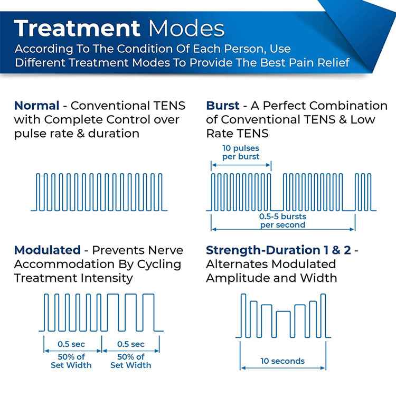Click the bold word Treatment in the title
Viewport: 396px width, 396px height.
[x=77, y=28]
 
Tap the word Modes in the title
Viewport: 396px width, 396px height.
[x=186, y=28]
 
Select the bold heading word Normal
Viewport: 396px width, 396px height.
[x=36, y=106]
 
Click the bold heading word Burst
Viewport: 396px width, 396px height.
[x=222, y=106]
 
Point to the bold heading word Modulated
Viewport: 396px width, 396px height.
[x=48, y=250]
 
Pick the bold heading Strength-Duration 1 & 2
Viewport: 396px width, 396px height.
[x=278, y=250]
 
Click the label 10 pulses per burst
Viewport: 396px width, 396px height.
[x=241, y=152]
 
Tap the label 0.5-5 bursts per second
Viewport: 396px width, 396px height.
[x=282, y=221]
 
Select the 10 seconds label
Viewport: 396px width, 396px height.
[x=282, y=361]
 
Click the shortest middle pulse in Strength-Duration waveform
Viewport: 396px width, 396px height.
[x=283, y=312]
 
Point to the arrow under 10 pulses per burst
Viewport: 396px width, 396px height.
[x=241, y=165]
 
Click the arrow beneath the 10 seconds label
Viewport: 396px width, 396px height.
[x=283, y=368]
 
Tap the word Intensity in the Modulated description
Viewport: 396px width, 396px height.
[x=107, y=278]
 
